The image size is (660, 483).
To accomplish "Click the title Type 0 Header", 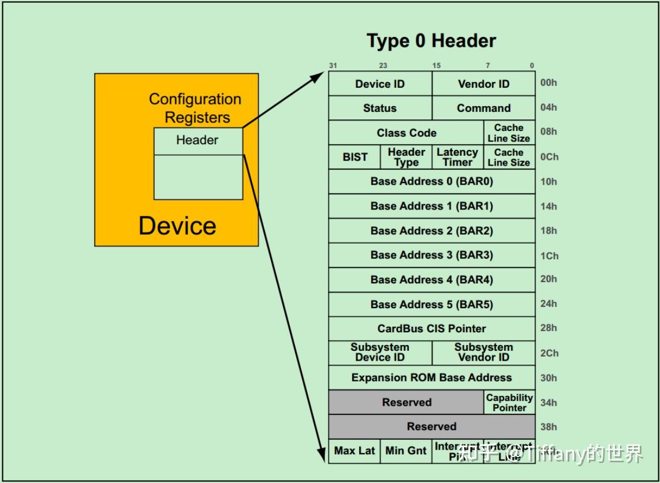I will pyautogui.click(x=431, y=41).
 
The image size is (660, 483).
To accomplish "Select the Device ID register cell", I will pyautogui.click(x=380, y=84).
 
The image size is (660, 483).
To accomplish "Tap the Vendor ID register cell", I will pyautogui.click(x=483, y=84).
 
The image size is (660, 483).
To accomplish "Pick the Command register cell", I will pyautogui.click(x=483, y=108).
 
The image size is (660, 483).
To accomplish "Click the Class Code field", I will pyautogui.click(x=406, y=133).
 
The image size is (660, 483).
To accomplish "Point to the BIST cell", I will pyautogui.click(x=355, y=157).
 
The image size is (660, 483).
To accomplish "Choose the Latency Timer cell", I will pyautogui.click(x=457, y=157).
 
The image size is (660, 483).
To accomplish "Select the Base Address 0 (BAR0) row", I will pyautogui.click(x=431, y=181).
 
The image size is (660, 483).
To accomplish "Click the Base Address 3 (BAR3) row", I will pyautogui.click(x=431, y=255).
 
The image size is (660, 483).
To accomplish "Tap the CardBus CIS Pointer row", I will pyautogui.click(x=431, y=328).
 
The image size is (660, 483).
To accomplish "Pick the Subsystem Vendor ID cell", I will pyautogui.click(x=483, y=353).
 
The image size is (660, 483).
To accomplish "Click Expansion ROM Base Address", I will pyautogui.click(x=431, y=377).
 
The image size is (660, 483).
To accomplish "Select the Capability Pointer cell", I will pyautogui.click(x=509, y=402).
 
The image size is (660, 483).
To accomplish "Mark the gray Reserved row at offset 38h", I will pyautogui.click(x=431, y=426).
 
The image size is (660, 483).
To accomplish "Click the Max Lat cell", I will pyautogui.click(x=354, y=451).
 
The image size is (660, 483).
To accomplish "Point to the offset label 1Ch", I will pyautogui.click(x=549, y=256).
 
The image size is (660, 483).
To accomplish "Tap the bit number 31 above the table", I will pyautogui.click(x=333, y=66).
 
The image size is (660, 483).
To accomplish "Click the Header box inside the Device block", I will pyautogui.click(x=197, y=140).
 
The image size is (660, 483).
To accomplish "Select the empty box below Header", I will pyautogui.click(x=197, y=177).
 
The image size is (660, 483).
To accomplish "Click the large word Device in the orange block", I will pyautogui.click(x=177, y=225).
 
